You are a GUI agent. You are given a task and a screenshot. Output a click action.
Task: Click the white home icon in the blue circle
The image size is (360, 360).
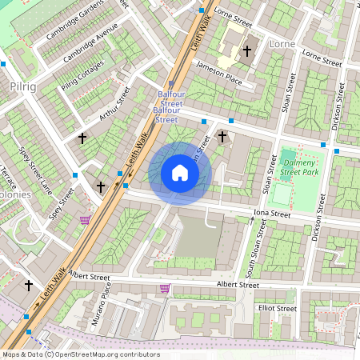coord(180,173)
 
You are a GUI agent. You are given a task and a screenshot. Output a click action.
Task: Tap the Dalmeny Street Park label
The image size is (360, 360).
coord(300,166)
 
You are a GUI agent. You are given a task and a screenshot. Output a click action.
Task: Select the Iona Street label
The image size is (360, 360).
coord(271,214)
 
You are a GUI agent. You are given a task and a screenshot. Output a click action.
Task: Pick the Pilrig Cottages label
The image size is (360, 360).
coord(82,75)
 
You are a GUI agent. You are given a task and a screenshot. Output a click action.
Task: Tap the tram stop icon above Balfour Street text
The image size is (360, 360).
coord(170,84)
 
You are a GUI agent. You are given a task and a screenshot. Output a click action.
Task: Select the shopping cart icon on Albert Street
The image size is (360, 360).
coord(165,288)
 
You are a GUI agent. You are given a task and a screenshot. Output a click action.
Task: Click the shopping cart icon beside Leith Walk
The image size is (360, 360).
coord(85,219)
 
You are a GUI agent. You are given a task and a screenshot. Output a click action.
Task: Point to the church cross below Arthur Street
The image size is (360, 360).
coord(82,138)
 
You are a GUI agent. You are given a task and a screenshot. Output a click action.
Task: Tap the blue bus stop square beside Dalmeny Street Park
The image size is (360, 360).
coord(323,144)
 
